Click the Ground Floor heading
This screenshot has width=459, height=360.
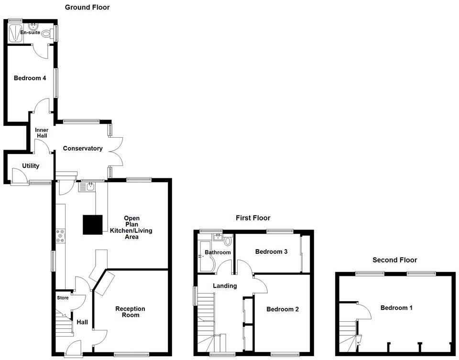click(87, 7)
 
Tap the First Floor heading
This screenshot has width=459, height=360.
click(253, 218)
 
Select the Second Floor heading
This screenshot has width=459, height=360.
click(395, 260)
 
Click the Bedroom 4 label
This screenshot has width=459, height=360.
click(30, 78)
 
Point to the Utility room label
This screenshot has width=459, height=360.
click(31, 166)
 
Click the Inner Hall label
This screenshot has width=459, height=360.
click(42, 132)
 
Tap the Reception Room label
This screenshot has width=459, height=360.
click(130, 312)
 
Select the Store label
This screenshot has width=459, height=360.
click(63, 298)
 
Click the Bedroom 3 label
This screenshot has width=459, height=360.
click(271, 251)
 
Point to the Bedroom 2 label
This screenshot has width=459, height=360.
click(283, 309)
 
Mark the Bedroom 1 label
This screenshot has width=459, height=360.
click(396, 308)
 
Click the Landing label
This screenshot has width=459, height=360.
click(225, 286)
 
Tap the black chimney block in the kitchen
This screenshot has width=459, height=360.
click(93, 225)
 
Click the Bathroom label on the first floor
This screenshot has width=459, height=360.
click(218, 252)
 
